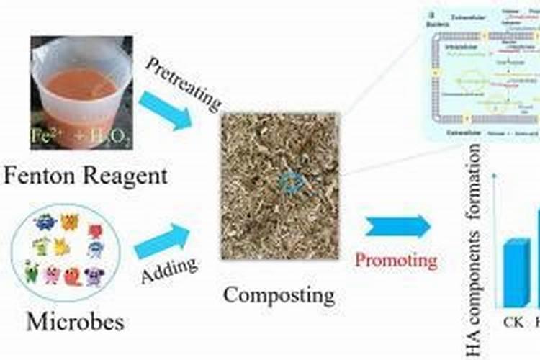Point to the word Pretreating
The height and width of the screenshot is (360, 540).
[x=183, y=82]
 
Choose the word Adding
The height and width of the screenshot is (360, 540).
[x=169, y=271]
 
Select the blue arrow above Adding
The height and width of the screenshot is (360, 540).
[x=165, y=240]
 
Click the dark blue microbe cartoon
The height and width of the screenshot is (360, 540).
[x=45, y=222]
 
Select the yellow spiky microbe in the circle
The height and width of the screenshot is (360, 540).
[x=60, y=247]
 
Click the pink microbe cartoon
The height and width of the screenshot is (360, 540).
[x=53, y=274]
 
